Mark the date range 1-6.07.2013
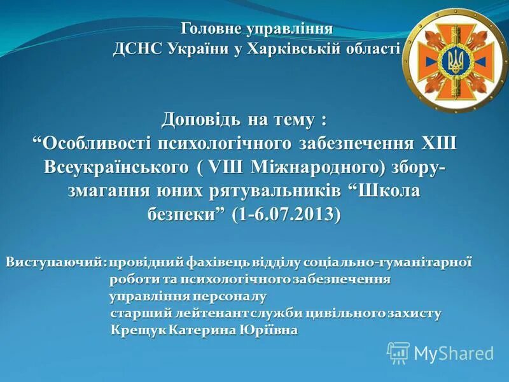(x=286, y=214)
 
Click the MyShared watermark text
(x=454, y=353)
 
